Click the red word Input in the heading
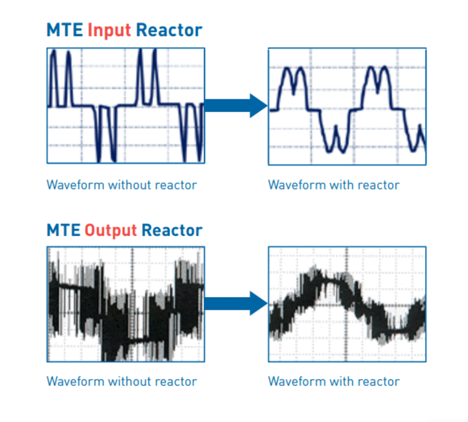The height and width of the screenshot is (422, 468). tap(109, 30)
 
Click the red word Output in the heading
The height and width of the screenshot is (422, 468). tap(110, 230)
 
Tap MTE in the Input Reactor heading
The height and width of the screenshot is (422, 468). tap(64, 30)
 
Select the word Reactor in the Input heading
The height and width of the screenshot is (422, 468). tap(169, 30)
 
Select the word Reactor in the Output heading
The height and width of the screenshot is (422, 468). tap(171, 230)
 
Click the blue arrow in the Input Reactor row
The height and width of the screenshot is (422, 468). tap(235, 105)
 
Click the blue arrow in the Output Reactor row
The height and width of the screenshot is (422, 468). tap(235, 303)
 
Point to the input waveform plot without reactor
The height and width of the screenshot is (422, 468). tap(126, 105)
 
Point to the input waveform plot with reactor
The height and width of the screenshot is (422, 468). tap(347, 106)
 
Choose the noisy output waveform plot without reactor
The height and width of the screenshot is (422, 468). tap(126, 304)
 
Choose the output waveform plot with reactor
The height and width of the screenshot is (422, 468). tap(347, 304)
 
